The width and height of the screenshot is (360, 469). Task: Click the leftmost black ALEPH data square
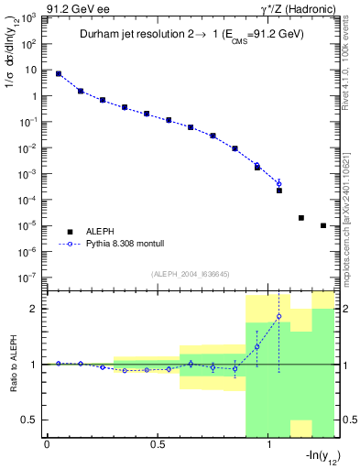tap(59, 74)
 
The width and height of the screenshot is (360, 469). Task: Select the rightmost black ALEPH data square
tap(323, 225)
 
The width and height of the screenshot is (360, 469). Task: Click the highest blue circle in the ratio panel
tap(279, 317)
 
